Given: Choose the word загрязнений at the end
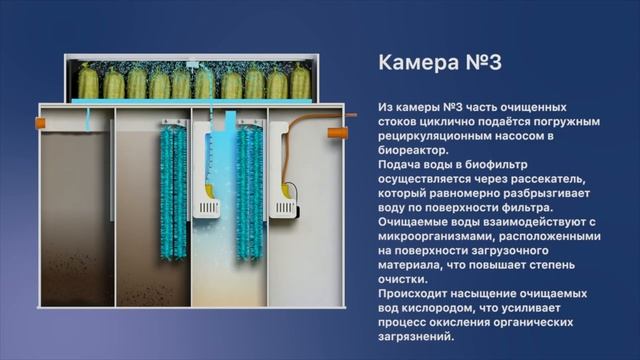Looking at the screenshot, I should [416, 335].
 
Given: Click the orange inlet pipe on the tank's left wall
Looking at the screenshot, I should [42, 122].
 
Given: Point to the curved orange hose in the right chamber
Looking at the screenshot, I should [284, 150].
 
